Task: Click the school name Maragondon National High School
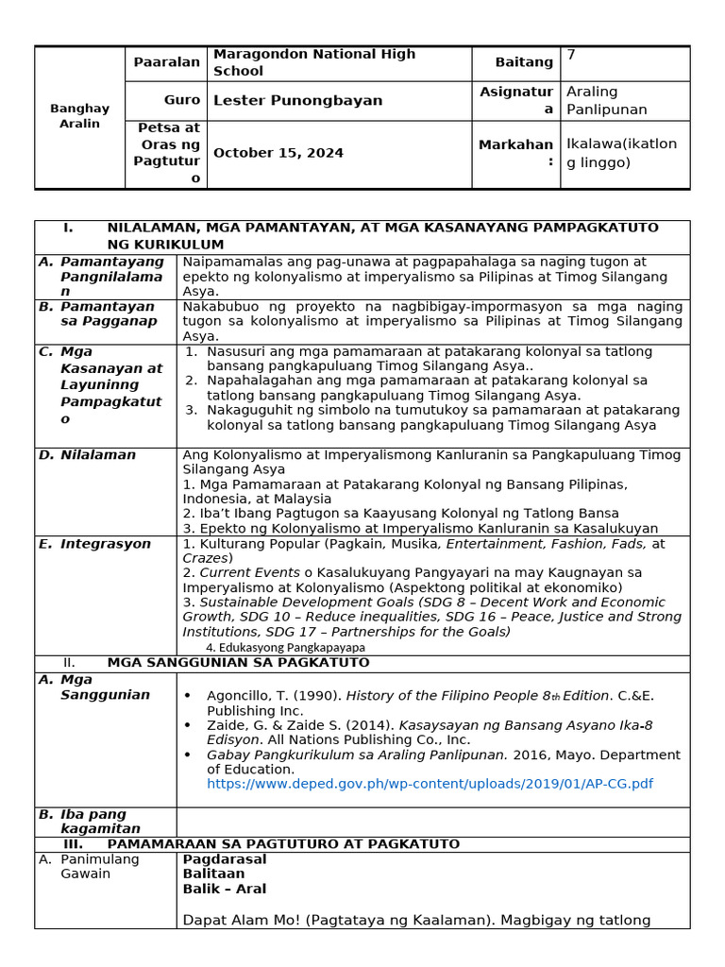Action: coord(313,62)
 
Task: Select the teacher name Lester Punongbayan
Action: coord(297,100)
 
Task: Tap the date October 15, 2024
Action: coord(278,153)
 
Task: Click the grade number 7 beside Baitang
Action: coord(571,55)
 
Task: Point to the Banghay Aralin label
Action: coord(80,116)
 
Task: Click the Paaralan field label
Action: coord(167,62)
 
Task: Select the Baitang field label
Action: coord(524,62)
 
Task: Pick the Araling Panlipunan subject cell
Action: coord(606,100)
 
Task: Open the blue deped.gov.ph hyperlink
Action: coord(430,784)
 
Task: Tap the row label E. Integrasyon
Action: coord(105,544)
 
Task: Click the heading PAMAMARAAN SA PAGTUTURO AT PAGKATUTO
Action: coord(283,844)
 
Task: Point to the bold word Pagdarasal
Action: coord(225,859)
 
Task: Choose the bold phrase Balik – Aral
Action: coord(225,889)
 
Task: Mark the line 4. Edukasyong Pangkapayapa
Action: coord(285,648)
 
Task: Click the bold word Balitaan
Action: coord(213,874)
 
